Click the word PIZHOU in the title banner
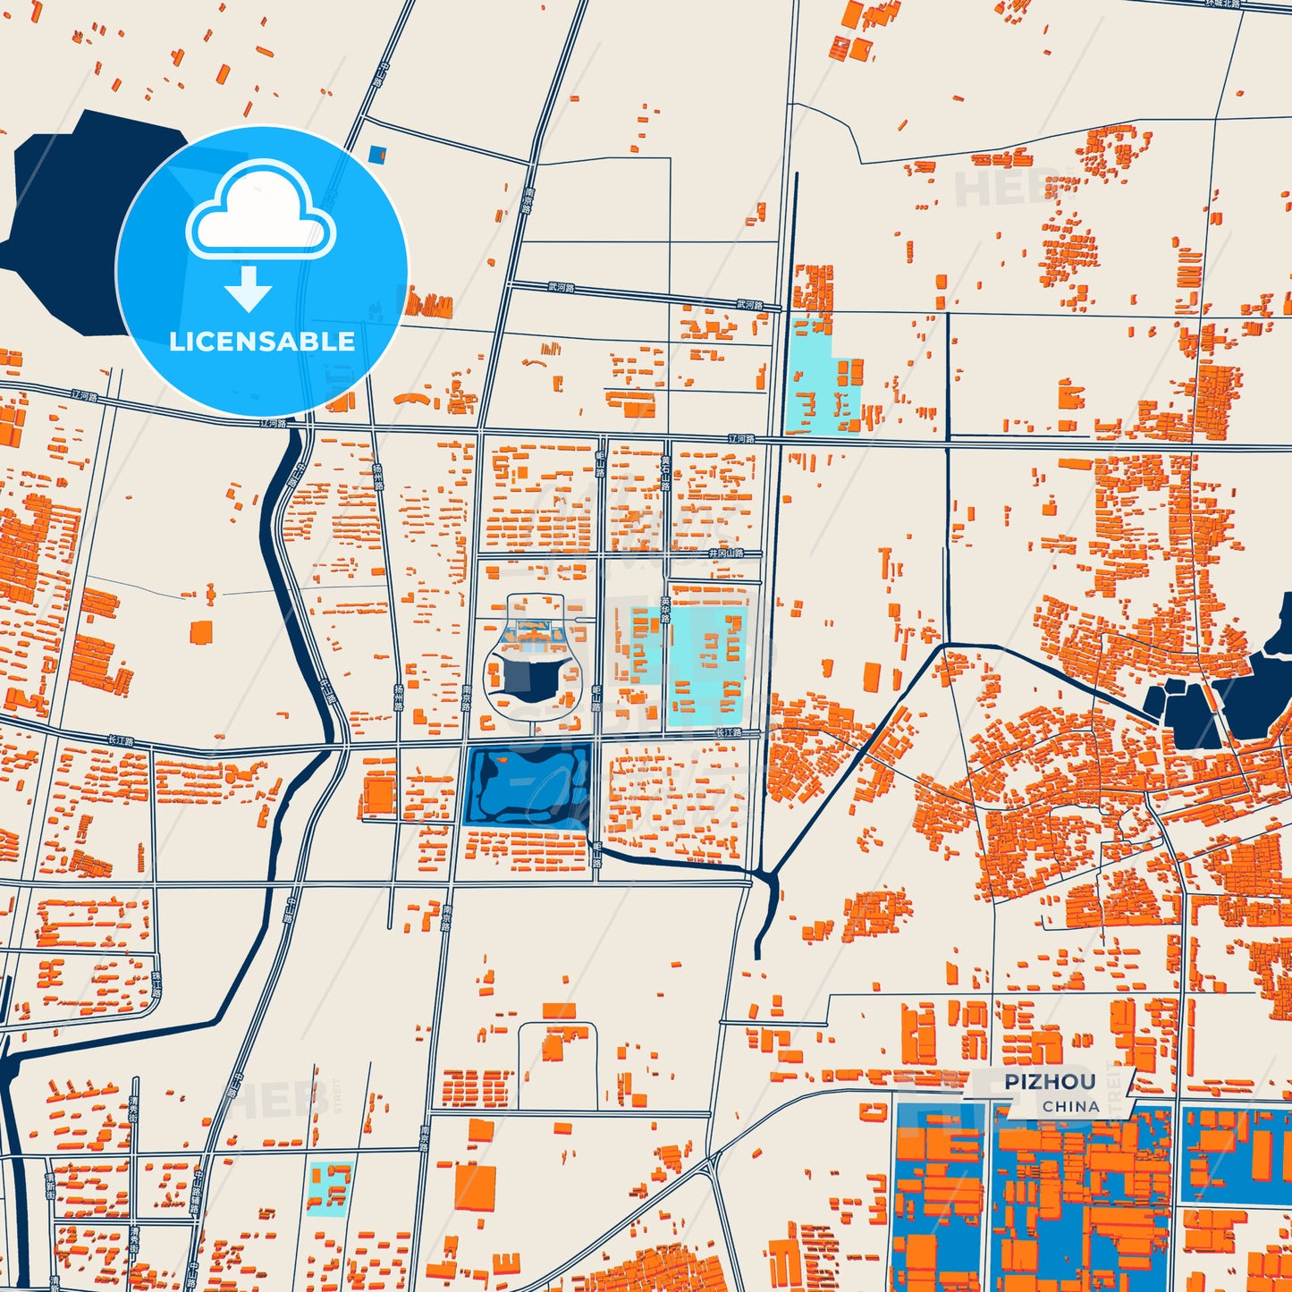[1049, 1082]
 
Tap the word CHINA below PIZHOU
[1070, 1106]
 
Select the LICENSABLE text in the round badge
[262, 342]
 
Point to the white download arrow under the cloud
[249, 289]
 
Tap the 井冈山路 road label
[725, 553]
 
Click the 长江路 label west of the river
[121, 741]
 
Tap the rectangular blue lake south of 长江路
[528, 785]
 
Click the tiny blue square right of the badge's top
[376, 155]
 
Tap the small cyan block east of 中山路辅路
[328, 1187]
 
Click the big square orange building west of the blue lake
[379, 795]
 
